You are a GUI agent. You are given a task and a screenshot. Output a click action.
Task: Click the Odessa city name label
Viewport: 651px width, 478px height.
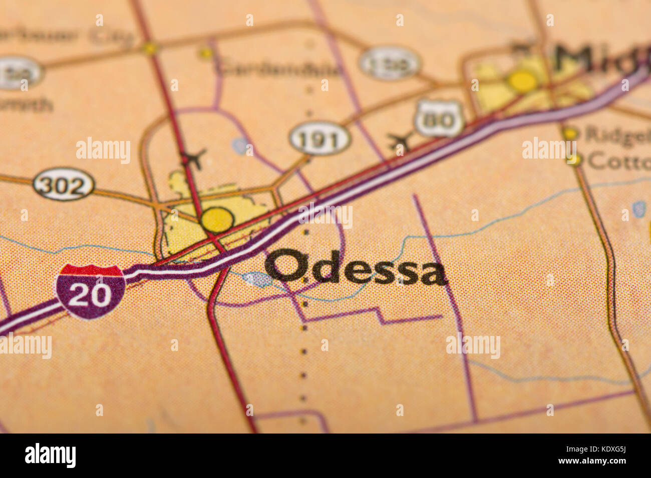(x=356, y=267)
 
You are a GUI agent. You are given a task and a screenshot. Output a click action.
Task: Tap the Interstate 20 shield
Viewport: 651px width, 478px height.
(x=91, y=291)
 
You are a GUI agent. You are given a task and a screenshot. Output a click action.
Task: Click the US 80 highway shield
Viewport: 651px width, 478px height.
(x=439, y=118)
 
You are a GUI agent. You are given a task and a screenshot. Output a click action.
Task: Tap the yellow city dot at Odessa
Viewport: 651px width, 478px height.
(x=217, y=219)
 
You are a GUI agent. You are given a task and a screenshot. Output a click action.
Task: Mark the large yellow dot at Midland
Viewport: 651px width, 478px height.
(x=522, y=80)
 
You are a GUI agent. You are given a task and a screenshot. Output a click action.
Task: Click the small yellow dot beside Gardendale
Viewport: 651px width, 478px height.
(x=205, y=53)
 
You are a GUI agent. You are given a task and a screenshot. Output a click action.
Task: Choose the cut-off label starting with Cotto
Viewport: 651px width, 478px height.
(x=619, y=161)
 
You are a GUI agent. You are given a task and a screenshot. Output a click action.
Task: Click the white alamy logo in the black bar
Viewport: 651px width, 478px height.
(x=50, y=455)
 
